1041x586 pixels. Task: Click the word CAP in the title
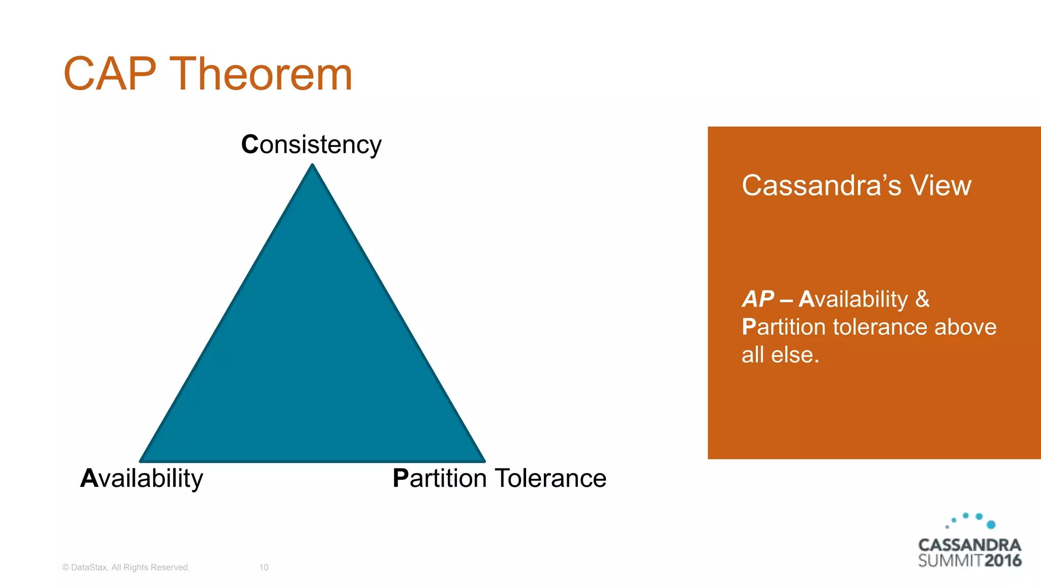point(109,74)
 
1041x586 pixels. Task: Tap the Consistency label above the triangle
point(311,144)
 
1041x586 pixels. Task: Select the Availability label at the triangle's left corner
point(142,478)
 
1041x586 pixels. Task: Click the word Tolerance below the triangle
point(550,478)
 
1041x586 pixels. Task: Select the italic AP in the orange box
point(758,299)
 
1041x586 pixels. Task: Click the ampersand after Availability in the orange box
point(922,299)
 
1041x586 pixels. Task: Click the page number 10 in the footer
point(264,567)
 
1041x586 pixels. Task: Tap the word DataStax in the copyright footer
point(89,567)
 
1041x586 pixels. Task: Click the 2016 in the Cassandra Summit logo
point(1003,561)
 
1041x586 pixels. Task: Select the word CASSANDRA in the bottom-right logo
point(969,545)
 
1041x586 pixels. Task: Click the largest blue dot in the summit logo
point(991,524)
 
